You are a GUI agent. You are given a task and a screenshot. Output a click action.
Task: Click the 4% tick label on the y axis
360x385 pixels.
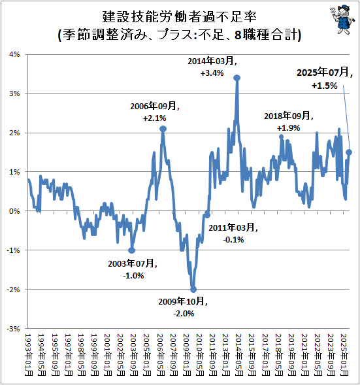[x=14, y=54]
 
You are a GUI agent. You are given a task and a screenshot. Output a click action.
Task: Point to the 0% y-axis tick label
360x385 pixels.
[x=14, y=211]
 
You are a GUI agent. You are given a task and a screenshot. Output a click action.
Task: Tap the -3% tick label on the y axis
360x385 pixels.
[x=12, y=329]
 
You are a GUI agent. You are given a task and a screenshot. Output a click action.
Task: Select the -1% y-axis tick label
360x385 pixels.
[x=12, y=250]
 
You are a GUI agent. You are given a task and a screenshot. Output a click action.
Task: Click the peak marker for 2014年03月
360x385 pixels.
[x=237, y=78]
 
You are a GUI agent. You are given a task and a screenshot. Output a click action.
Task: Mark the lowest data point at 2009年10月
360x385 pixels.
[x=193, y=290]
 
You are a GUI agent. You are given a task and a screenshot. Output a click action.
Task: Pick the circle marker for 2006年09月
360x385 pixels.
[x=163, y=129]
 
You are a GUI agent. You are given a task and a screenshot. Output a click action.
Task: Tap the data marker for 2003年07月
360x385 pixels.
[x=132, y=250]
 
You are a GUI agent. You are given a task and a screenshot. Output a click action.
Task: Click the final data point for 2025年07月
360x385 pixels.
[x=349, y=152]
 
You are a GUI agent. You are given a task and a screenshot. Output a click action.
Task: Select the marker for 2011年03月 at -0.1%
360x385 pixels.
[x=207, y=215]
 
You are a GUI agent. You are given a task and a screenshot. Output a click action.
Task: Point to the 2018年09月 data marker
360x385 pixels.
[x=282, y=137]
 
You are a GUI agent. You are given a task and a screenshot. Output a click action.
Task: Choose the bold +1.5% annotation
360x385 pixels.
[x=325, y=86]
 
